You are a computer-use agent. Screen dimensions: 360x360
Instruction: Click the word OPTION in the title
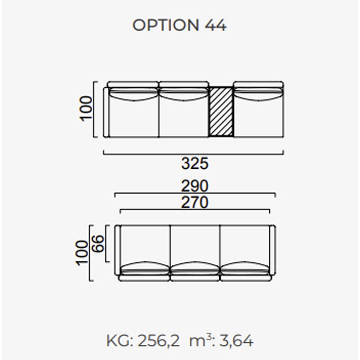[166, 25]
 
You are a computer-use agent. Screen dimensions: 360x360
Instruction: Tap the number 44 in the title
[216, 25]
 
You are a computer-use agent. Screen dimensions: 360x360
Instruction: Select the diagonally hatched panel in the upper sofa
[221, 112]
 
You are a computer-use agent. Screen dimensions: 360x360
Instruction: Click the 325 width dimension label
[195, 163]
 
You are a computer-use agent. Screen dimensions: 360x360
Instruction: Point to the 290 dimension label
[195, 186]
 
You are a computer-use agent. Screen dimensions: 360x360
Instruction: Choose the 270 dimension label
[195, 202]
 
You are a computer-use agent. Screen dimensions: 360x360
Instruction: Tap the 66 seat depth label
[99, 244]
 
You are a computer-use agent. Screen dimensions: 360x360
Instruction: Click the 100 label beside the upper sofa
[85, 108]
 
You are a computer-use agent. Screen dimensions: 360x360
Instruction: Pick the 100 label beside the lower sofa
[82, 253]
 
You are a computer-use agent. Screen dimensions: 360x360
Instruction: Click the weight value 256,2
[159, 341]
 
